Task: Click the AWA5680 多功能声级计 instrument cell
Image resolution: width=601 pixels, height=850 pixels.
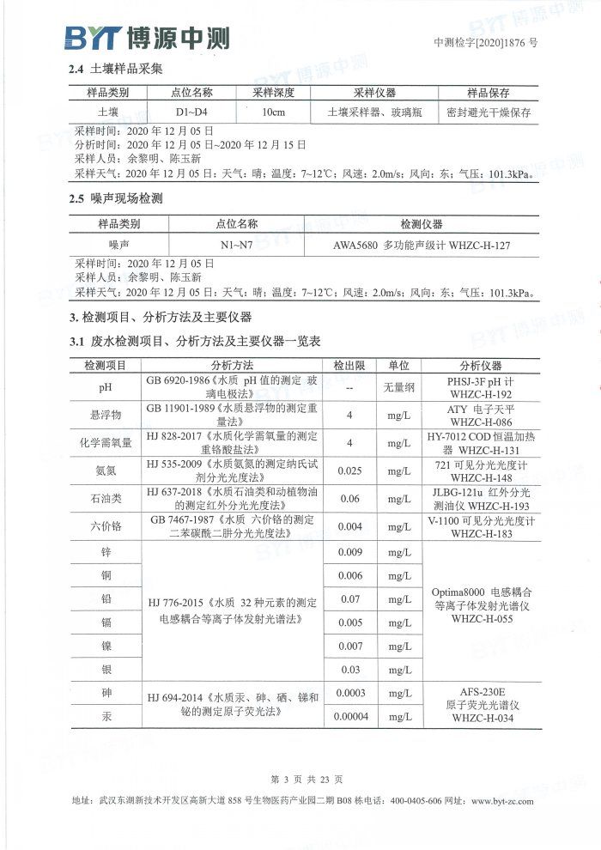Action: (x=422, y=245)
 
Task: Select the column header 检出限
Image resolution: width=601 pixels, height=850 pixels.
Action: (x=349, y=366)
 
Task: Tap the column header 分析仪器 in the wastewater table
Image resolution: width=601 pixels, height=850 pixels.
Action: (x=481, y=366)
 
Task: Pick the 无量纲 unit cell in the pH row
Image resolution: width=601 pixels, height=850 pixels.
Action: (x=398, y=387)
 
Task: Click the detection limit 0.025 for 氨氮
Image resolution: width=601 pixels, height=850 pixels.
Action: (x=349, y=471)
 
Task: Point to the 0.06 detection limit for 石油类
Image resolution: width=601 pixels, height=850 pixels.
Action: (x=349, y=499)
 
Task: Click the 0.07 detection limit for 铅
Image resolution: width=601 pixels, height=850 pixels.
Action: (x=349, y=598)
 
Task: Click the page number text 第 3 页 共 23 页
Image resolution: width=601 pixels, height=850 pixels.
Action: (x=307, y=780)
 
